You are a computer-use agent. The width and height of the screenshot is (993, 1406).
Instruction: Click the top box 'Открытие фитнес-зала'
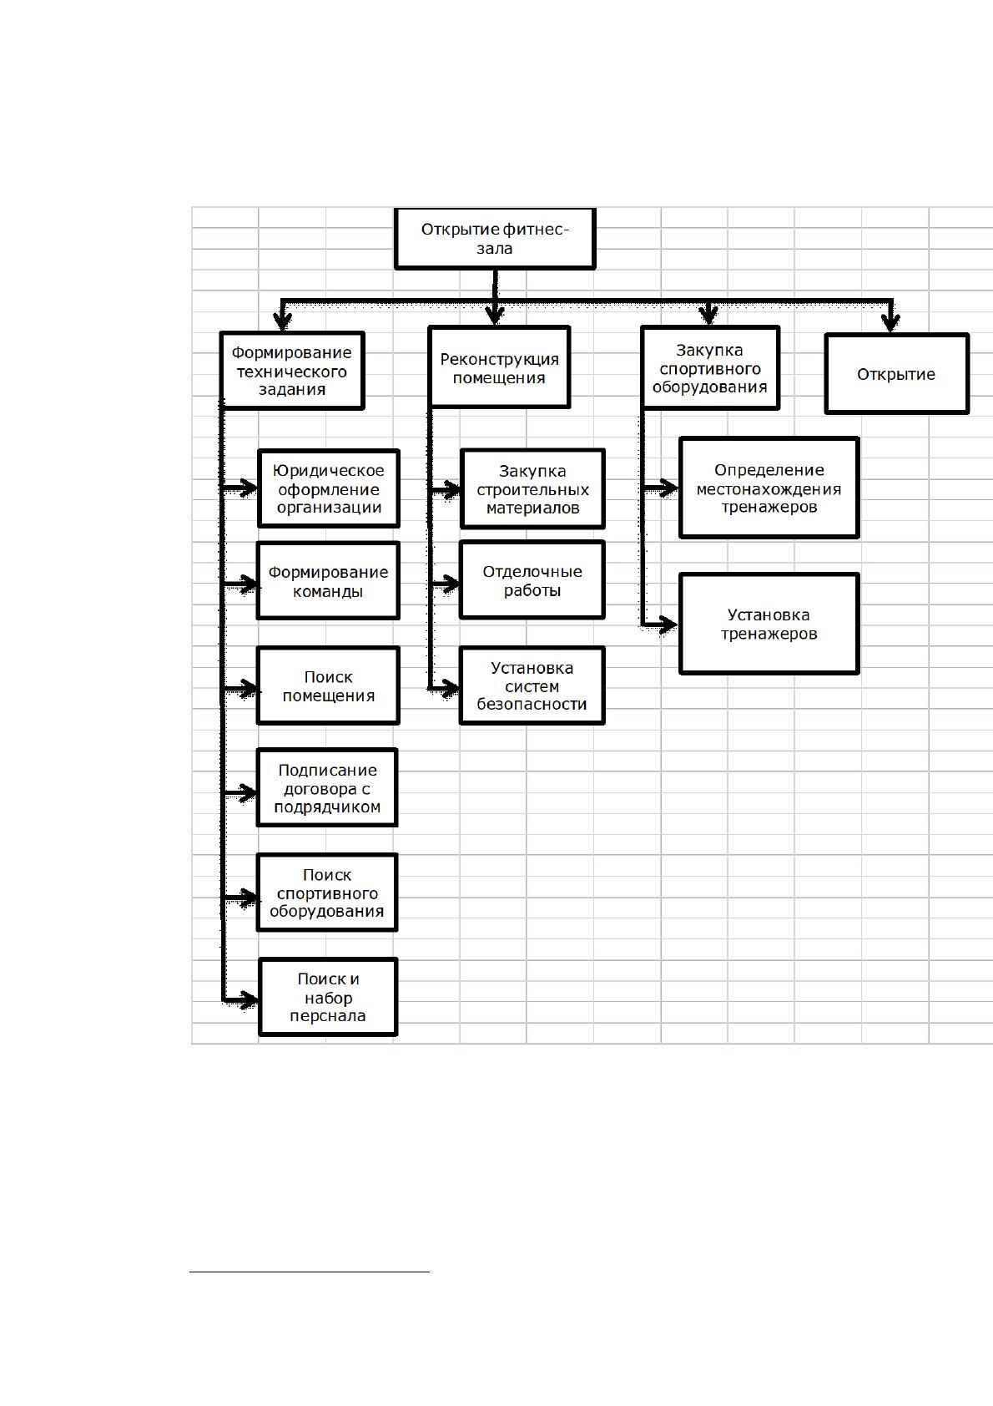click(x=495, y=239)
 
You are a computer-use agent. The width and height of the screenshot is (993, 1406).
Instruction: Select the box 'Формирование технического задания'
click(x=292, y=371)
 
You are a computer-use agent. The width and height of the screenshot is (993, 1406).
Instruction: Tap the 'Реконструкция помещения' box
click(x=499, y=367)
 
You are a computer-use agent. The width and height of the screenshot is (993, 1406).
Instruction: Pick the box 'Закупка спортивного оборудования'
click(x=710, y=368)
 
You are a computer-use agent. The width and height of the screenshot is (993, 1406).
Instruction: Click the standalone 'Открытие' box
click(x=897, y=374)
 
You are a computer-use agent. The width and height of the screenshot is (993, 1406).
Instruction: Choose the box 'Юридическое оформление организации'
click(x=329, y=488)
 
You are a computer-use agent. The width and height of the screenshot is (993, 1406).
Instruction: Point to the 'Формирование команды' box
click(x=328, y=580)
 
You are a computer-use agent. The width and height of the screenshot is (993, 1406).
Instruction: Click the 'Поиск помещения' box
click(x=328, y=685)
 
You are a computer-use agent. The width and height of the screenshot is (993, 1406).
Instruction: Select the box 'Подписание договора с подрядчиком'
click(x=327, y=787)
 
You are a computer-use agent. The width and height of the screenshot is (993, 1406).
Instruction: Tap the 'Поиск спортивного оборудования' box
click(x=327, y=893)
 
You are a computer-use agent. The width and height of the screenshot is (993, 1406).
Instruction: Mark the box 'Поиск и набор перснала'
click(x=328, y=997)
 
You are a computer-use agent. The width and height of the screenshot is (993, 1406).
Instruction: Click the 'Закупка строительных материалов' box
click(x=532, y=488)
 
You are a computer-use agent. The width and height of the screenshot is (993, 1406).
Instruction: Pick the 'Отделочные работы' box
click(x=532, y=580)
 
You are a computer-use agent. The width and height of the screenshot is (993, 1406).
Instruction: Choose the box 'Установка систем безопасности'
click(x=532, y=685)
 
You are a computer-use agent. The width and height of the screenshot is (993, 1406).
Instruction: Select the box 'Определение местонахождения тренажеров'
click(x=769, y=488)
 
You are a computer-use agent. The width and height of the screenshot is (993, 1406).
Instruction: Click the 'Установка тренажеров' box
click(x=769, y=624)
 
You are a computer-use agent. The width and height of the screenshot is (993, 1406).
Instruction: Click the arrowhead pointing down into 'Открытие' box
click(x=890, y=323)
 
